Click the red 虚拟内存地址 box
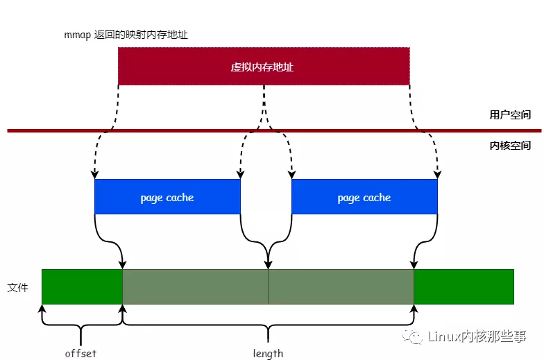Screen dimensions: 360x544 click(x=264, y=67)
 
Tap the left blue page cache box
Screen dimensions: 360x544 click(x=167, y=197)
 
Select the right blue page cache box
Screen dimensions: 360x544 click(x=364, y=197)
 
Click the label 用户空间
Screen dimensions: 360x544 click(x=510, y=114)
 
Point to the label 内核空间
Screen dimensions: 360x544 click(x=510, y=146)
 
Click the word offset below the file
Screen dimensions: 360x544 click(x=80, y=353)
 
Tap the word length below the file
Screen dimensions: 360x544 click(x=268, y=353)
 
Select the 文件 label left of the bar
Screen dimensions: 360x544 click(x=17, y=286)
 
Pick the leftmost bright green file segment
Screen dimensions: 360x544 click(x=82, y=286)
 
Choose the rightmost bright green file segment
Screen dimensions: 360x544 click(x=464, y=286)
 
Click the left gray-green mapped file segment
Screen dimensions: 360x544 click(x=195, y=286)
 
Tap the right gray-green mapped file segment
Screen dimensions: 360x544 click(x=341, y=286)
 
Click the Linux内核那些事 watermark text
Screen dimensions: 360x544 click(x=477, y=337)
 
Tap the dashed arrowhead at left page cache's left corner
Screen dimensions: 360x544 click(x=94, y=175)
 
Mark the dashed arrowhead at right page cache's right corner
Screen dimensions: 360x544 click(x=437, y=175)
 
